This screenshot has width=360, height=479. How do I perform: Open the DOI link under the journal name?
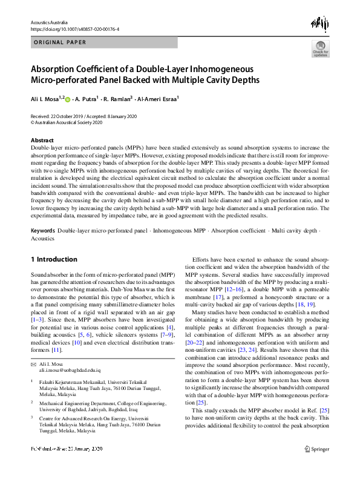[x=74, y=28]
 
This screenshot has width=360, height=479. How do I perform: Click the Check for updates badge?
[x=320, y=48]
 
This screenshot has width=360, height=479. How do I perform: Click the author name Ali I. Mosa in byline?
[x=45, y=98]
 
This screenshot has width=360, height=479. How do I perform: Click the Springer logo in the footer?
[x=316, y=466]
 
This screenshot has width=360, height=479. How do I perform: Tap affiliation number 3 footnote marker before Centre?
[x=31, y=417]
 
